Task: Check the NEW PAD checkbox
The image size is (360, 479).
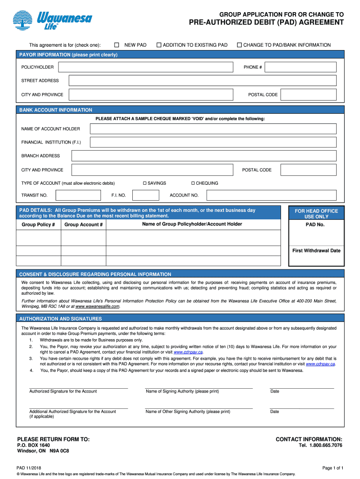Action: [x=116, y=45]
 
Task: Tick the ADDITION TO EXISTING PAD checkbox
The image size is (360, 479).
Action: [x=159, y=45]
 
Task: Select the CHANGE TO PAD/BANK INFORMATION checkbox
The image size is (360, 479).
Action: [x=239, y=45]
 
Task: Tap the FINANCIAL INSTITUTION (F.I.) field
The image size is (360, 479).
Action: [x=213, y=142]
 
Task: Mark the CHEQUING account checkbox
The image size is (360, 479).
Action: [x=193, y=183]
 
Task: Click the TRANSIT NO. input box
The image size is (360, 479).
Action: [x=78, y=196]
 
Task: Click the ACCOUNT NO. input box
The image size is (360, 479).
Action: [x=271, y=196]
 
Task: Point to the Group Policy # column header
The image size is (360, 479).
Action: [x=38, y=225]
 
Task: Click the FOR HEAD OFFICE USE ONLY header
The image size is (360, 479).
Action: [x=316, y=214]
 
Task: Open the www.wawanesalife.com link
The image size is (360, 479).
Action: [x=97, y=307]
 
